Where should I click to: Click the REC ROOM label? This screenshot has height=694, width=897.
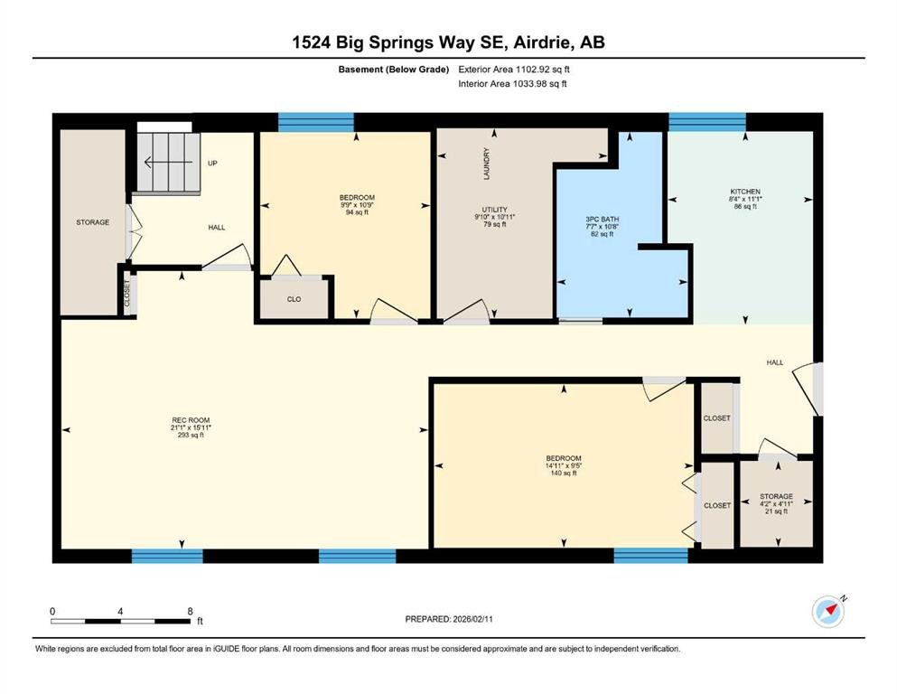pyautogui.click(x=191, y=420)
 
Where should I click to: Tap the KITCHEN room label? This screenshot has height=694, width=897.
pyautogui.click(x=745, y=192)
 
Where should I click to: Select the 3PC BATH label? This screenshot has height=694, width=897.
pyautogui.click(x=603, y=219)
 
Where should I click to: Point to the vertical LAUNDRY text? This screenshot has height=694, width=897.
pyautogui.click(x=487, y=164)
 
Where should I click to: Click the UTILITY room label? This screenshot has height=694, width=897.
pyautogui.click(x=494, y=210)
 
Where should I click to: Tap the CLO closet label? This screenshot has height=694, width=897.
pyautogui.click(x=294, y=299)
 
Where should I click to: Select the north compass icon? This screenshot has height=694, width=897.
pyautogui.click(x=828, y=611)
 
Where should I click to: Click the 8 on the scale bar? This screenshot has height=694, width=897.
pyautogui.click(x=190, y=611)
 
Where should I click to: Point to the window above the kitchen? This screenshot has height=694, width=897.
pyautogui.click(x=707, y=122)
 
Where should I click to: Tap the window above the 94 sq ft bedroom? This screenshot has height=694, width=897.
pyautogui.click(x=316, y=122)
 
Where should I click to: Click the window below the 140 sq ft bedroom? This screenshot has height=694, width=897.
pyautogui.click(x=650, y=556)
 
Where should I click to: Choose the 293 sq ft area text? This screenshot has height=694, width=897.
pyautogui.click(x=191, y=435)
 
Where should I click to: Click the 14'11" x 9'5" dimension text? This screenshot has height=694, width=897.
pyautogui.click(x=564, y=465)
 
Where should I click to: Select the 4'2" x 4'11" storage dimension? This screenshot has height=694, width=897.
pyautogui.click(x=776, y=504)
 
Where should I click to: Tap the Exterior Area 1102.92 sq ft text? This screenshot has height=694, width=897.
pyautogui.click(x=514, y=70)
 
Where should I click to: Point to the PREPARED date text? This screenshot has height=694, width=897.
pyautogui.click(x=448, y=619)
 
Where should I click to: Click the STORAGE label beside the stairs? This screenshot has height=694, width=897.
pyautogui.click(x=93, y=222)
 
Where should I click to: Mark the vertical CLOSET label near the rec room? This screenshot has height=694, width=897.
pyautogui.click(x=127, y=293)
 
